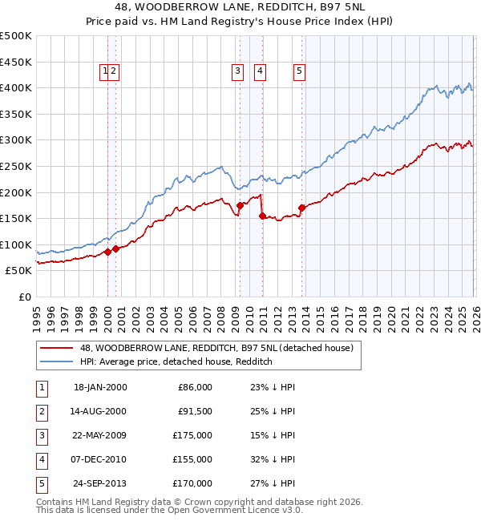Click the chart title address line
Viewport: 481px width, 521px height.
point(240,7)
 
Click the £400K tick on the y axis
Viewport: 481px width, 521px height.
point(16,87)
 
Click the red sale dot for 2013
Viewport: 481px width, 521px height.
point(301,208)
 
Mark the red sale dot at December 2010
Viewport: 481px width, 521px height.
point(262,216)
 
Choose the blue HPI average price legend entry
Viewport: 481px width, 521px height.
point(176,361)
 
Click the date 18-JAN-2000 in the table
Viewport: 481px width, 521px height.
point(100,387)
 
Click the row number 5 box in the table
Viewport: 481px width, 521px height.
point(40,483)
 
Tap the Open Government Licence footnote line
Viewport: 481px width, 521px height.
point(169,510)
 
